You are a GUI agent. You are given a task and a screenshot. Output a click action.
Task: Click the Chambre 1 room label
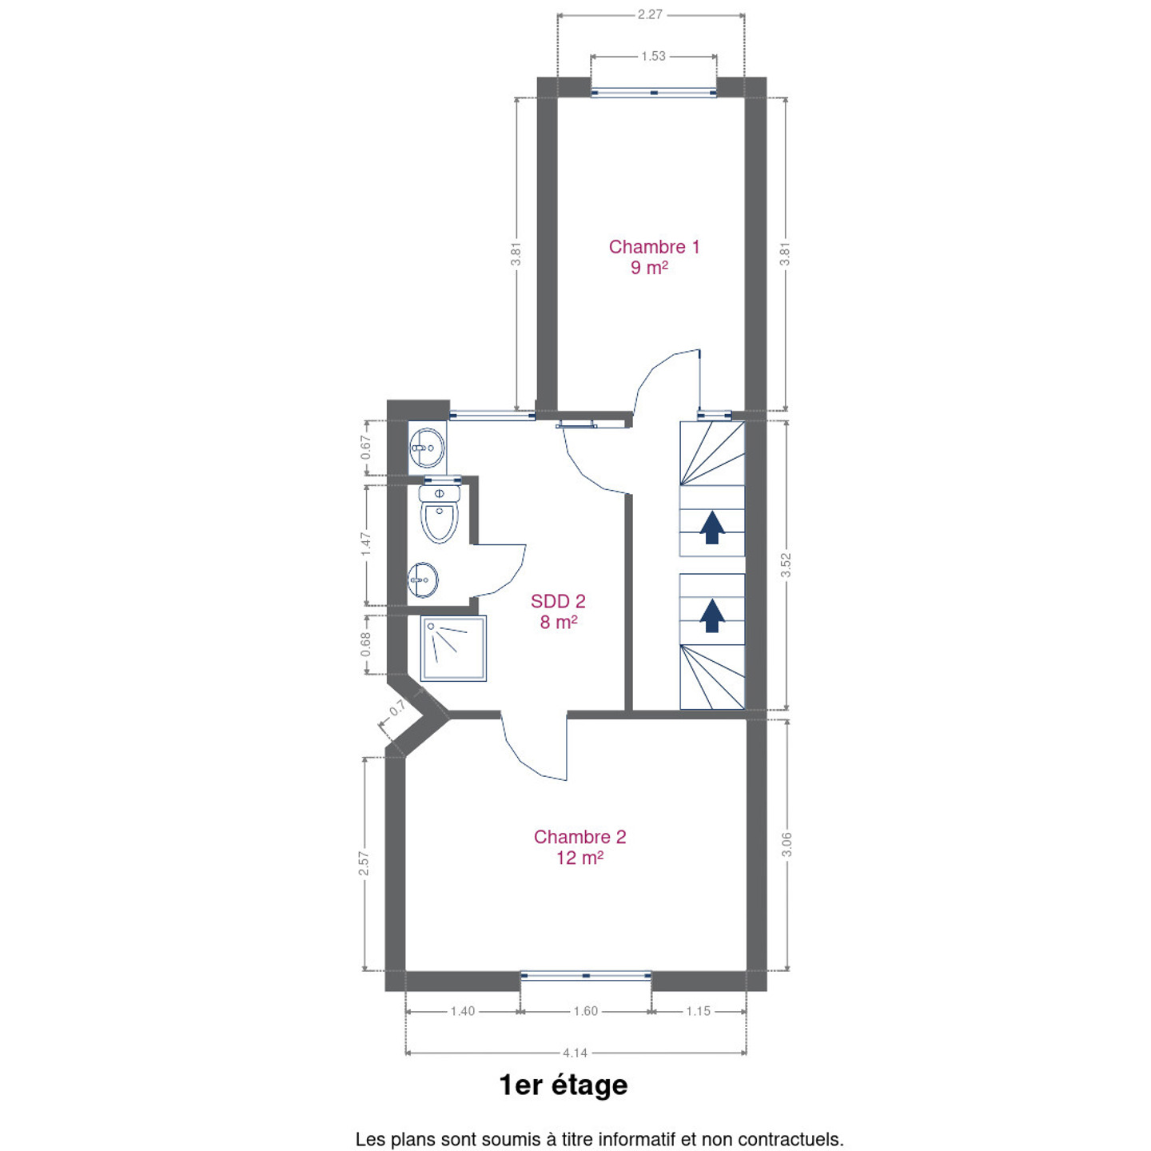(654, 257)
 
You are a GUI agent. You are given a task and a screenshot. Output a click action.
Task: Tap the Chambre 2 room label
(579, 847)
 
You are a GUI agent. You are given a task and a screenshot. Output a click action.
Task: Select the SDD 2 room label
(558, 611)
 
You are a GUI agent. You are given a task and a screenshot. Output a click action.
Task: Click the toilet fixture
(440, 514)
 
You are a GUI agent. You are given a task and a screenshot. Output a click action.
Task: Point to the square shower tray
(453, 648)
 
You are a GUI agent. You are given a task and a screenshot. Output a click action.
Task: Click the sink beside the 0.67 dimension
(427, 448)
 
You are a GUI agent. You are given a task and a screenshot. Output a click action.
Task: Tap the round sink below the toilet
(423, 579)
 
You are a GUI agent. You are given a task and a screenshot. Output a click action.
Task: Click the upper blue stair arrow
(711, 528)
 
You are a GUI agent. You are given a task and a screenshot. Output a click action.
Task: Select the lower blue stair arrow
(711, 615)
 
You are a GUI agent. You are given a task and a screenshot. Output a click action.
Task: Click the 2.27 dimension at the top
(650, 14)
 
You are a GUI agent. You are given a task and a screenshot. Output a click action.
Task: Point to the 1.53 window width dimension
(654, 56)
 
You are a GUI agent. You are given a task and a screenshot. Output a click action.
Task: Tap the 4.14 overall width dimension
(575, 1053)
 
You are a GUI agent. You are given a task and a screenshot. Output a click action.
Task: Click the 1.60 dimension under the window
(585, 1011)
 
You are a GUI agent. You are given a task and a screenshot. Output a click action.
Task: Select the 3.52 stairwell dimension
(786, 565)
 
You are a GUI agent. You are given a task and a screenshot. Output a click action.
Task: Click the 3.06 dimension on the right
(787, 845)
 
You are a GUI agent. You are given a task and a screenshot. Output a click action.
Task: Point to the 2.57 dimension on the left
(363, 864)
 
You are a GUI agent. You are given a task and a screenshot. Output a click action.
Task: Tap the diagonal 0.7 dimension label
(398, 708)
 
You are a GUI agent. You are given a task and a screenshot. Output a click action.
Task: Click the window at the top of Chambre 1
(654, 93)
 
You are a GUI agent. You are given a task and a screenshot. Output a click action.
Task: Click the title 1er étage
(564, 1085)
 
